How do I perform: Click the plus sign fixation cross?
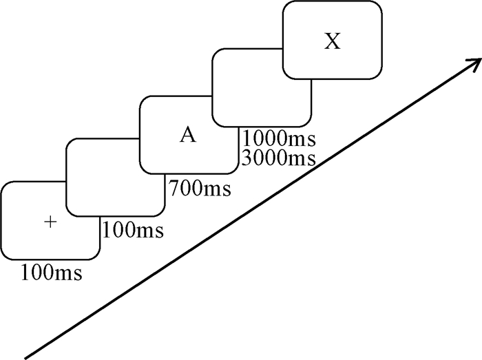coord(49,222)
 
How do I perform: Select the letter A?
coord(187,135)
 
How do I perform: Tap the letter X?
coord(333,42)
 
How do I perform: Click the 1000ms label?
coord(279,139)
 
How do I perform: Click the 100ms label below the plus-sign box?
coord(52,273)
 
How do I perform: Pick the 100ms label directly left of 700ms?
coord(133,230)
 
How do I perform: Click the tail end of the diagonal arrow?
coord(28,357)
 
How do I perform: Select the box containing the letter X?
coord(332,39)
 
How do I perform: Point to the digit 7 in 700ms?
coord(172,187)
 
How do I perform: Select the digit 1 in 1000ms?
coord(247,139)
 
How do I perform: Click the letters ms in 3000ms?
coord(302,159)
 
